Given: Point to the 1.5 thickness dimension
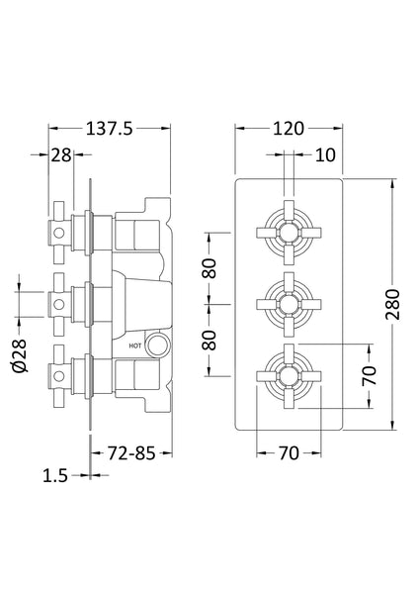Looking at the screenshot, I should coord(54,476).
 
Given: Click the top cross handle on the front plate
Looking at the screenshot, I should coord(287,231).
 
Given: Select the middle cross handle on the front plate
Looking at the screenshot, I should coord(287,302).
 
